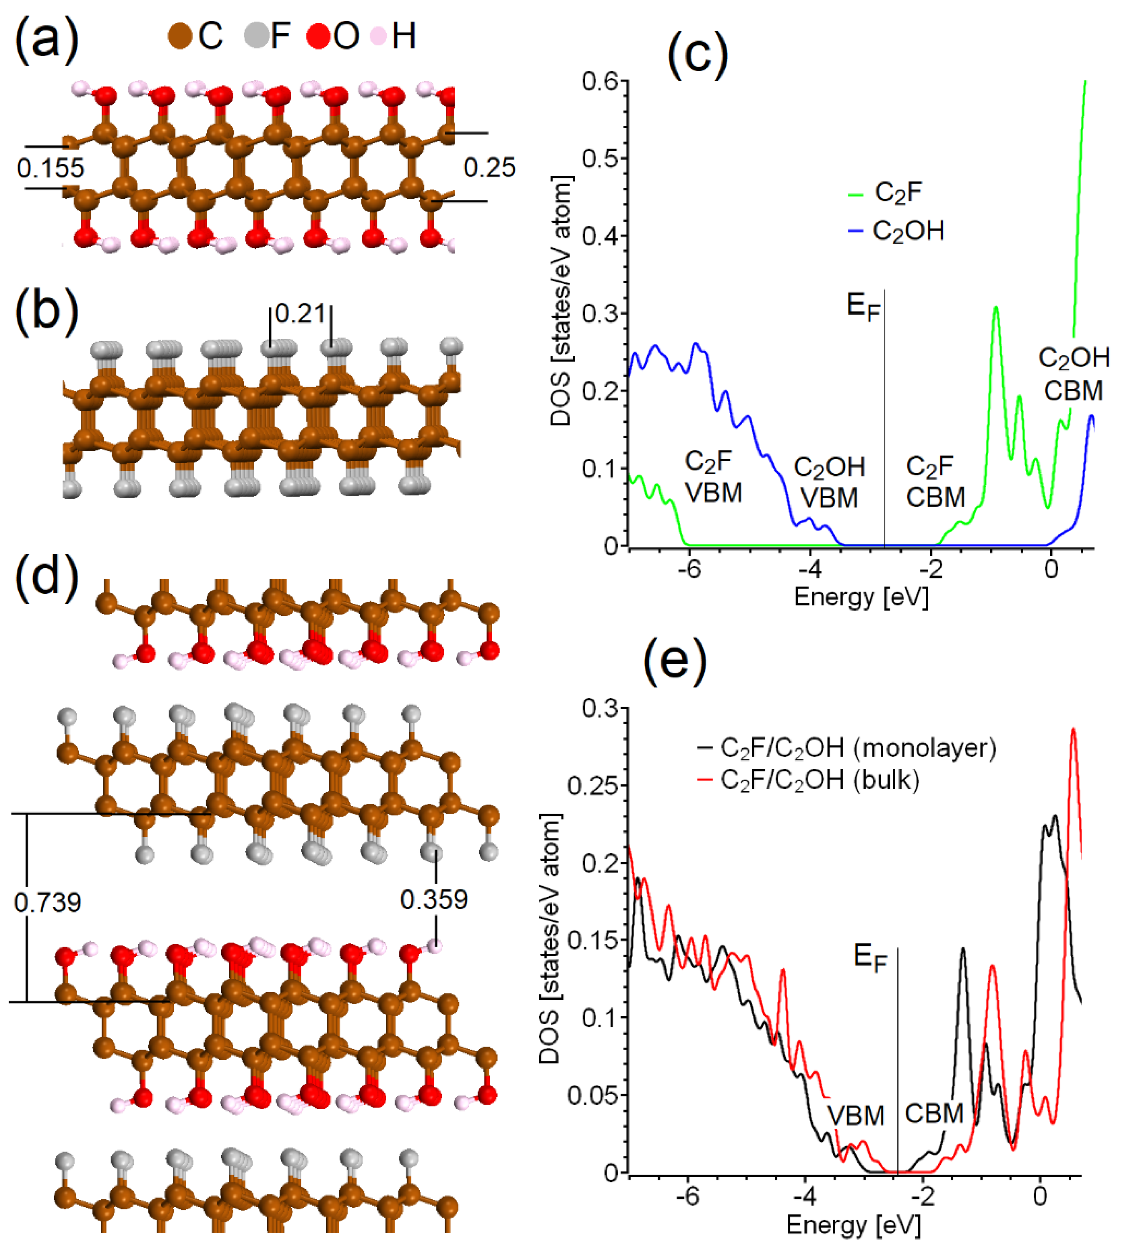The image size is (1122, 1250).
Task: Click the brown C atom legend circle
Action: click(x=180, y=36)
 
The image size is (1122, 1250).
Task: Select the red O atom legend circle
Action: click(x=319, y=36)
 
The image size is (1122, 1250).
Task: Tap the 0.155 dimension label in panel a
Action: click(x=50, y=168)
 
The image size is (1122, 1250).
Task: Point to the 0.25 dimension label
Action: click(x=489, y=168)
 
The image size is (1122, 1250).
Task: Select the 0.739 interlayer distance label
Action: click(x=48, y=903)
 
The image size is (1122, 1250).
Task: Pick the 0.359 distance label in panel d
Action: click(x=434, y=900)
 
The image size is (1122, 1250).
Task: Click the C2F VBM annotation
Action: click(x=713, y=477)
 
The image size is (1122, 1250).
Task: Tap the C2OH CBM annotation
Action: click(x=1073, y=374)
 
